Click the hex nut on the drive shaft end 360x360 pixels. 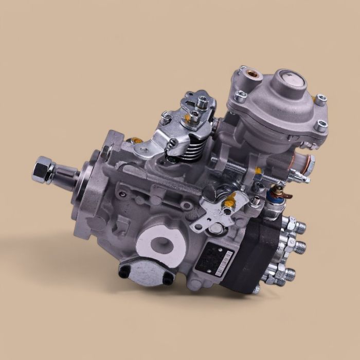point(42,171)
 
